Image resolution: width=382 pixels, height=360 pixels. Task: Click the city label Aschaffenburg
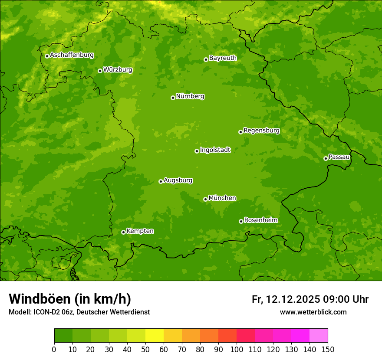pos(72,55)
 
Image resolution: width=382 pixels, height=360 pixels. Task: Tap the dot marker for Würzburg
pos(100,71)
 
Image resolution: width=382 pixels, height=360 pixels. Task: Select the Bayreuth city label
pos(223,58)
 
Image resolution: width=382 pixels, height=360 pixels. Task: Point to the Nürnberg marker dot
pos(173,98)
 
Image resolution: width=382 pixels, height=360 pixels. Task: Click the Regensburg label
pos(261,131)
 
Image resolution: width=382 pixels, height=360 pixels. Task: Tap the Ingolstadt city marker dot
pos(197,151)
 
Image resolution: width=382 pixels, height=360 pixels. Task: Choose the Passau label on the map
pos(339,157)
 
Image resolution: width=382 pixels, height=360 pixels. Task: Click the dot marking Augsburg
pos(161,181)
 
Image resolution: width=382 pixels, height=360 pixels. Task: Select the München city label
pos(222,198)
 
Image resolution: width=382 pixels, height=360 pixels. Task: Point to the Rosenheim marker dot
pos(241,221)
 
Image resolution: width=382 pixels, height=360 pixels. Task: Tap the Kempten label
pos(140,231)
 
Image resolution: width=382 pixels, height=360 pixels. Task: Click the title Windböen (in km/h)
pos(70,299)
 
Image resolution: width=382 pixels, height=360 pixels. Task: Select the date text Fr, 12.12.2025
pos(286,299)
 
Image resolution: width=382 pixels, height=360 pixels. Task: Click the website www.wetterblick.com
pos(313,312)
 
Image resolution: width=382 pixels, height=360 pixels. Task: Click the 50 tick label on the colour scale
pos(145,350)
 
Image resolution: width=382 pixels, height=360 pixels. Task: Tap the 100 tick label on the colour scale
pos(237,350)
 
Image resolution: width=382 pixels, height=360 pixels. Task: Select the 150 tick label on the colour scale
pos(328,350)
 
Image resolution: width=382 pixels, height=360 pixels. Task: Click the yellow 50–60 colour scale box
pos(155,336)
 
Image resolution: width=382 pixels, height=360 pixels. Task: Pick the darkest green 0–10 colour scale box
pos(63,336)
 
